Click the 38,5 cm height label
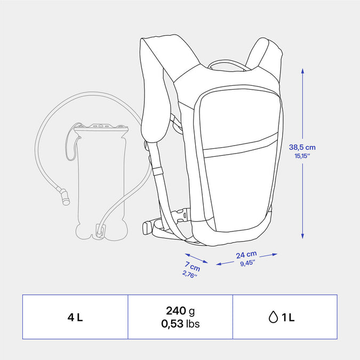302,147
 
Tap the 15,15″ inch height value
302,156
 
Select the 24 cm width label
246,254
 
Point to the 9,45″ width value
247,263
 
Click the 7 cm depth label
193,266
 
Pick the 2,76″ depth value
190,274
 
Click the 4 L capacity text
75,317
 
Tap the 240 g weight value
180,311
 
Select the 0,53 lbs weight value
180,324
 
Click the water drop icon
273,317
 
